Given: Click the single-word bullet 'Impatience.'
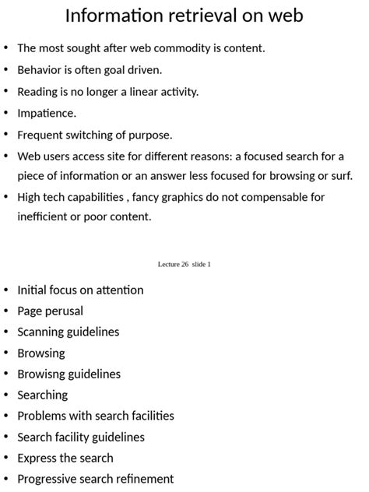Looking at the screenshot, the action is coord(47,113).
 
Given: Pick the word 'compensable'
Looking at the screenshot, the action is coord(276,197).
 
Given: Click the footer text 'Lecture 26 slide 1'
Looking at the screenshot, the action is coord(184,265).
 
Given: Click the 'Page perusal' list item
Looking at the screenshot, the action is coord(50,311).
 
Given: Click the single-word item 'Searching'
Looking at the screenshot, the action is coord(42,395).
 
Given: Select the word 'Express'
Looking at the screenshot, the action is coord(38,458).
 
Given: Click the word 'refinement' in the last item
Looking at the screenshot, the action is coord(145,479).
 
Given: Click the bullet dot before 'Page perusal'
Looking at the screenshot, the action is coord(7,311).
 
